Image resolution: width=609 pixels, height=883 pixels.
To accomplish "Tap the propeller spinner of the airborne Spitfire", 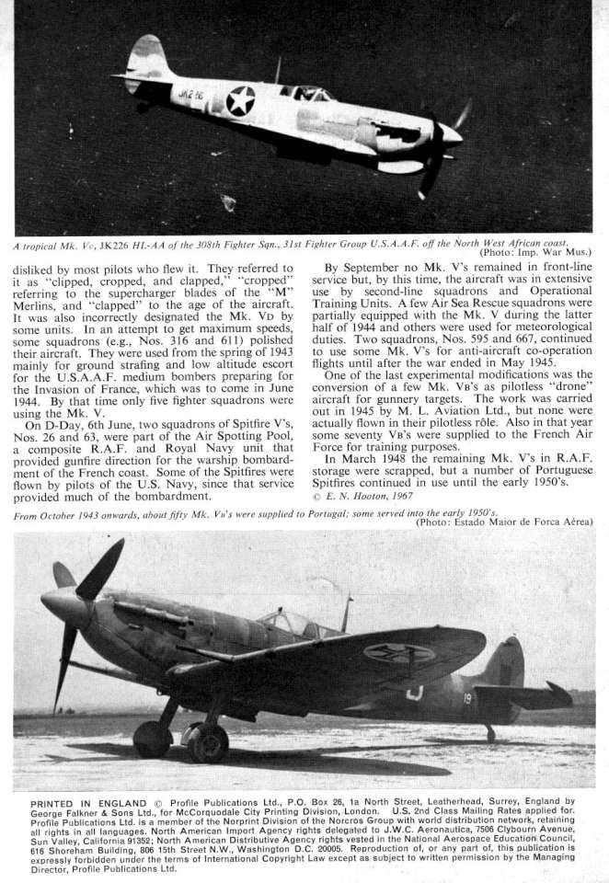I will point(451,138).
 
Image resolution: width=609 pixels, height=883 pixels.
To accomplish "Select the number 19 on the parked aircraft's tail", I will point(469,700).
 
